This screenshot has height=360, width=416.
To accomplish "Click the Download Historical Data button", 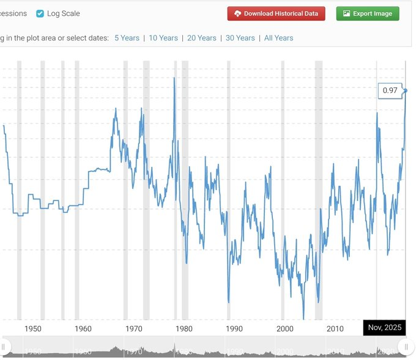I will point(276,13).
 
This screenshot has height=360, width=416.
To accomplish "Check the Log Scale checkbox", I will point(40,13).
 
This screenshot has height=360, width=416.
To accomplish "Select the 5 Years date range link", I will point(127,38).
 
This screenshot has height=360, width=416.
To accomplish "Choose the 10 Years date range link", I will point(163,38).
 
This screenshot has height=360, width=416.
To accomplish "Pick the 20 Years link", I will point(202,38).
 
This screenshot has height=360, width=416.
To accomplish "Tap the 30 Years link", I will point(240,38).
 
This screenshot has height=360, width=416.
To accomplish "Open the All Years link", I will point(278,38).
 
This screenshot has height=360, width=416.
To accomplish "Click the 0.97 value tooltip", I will point(390,90).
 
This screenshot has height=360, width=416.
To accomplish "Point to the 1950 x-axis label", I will point(33,329).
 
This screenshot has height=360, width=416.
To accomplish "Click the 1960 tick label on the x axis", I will point(83,329).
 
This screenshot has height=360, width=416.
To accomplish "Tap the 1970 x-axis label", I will point(133,329).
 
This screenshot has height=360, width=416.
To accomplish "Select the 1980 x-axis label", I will point(184,329).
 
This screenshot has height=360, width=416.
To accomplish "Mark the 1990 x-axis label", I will point(234,329).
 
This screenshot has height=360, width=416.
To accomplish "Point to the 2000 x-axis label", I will point(285,329).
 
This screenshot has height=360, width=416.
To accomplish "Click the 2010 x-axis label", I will point(335,329).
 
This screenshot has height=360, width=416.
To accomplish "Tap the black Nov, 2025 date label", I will point(385,328).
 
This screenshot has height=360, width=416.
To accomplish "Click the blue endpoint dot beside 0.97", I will point(405,90).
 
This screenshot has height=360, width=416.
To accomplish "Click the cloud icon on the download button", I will point(238,13).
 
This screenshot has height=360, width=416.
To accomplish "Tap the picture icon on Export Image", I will point(346,13).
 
